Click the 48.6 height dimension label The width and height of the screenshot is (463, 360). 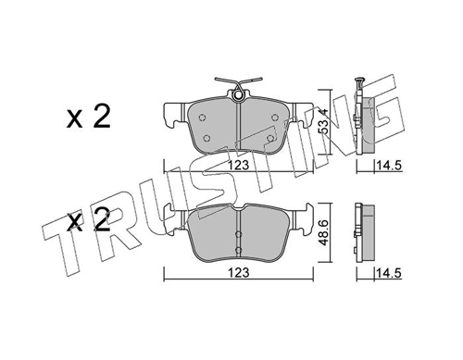point(324,233)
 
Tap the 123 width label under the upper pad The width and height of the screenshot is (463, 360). point(238,165)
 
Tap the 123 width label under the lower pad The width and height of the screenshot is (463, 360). point(238,273)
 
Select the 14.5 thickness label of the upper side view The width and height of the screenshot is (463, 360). point(388,166)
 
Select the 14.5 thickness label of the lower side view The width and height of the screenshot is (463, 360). point(388,273)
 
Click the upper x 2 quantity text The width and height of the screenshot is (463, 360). point(88,118)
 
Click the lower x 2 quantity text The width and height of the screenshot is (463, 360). point(88,221)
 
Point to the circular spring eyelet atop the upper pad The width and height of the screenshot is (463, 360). point(238,95)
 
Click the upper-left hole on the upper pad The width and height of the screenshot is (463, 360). point(202,118)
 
